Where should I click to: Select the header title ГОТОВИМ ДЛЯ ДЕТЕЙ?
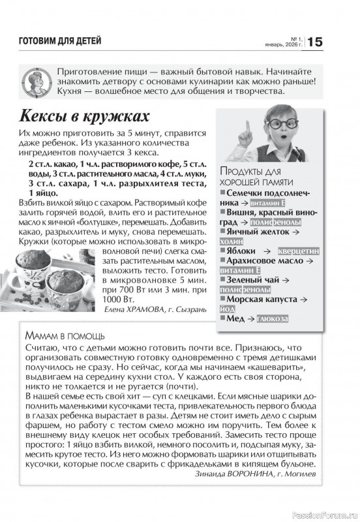(61, 41)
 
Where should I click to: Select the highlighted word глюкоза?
(275, 320)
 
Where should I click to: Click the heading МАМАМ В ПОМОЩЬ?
(64, 335)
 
